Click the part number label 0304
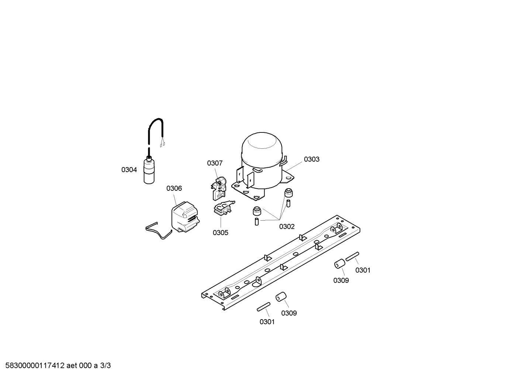pyautogui.click(x=129, y=170)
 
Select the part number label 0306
pyautogui.click(x=174, y=188)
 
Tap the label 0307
pyautogui.click(x=215, y=163)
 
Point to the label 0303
pyautogui.click(x=312, y=159)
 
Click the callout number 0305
pyautogui.click(x=220, y=233)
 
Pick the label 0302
pyautogui.click(x=287, y=227)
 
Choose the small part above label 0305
pyautogui.click(x=224, y=209)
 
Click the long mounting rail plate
pyautogui.click(x=281, y=262)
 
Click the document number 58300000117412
pyautogui.click(x=35, y=366)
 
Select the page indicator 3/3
pyautogui.click(x=105, y=366)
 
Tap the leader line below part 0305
pyautogui.click(x=221, y=223)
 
